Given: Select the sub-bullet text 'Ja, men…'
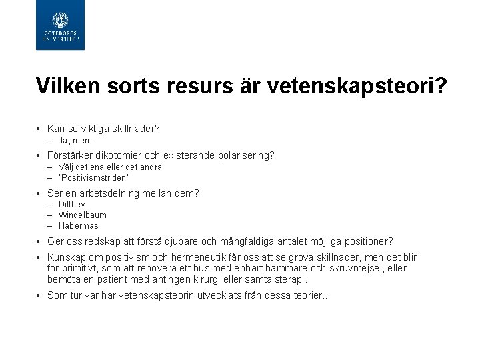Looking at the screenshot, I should pos(77,141).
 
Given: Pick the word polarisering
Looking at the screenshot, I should pos(243,155).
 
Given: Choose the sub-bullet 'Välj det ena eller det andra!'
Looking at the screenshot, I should pos(111,167).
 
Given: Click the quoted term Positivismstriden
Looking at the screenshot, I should pos(94,178).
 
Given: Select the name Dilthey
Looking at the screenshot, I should pos(72,205).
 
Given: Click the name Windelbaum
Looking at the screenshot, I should pos(83,215).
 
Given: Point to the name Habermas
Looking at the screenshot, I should pos(79,226).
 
